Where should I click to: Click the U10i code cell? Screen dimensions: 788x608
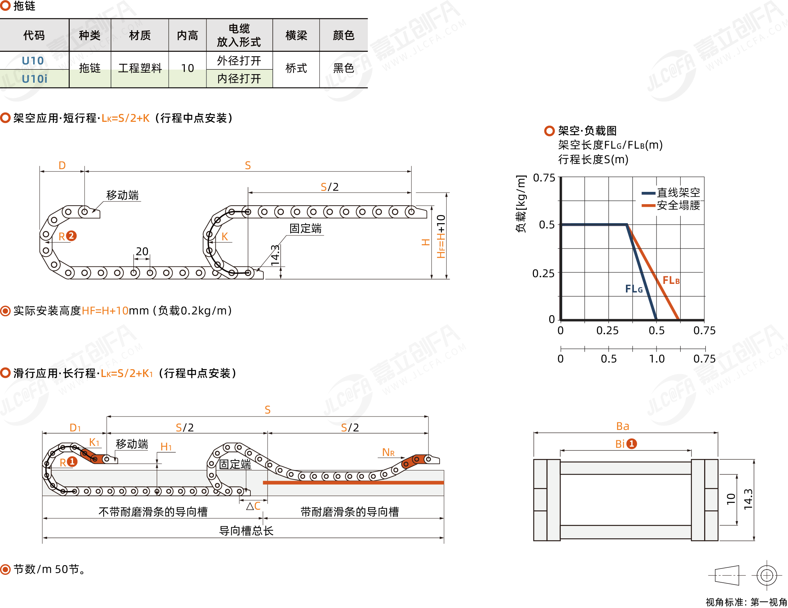coord(34,79)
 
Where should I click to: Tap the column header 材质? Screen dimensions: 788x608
coord(140,35)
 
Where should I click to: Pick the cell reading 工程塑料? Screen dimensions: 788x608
coord(140,68)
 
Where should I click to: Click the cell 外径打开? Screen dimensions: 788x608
coord(239,60)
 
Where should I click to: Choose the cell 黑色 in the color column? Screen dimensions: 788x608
coord(344,68)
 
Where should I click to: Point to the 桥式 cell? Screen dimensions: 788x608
coord(296,68)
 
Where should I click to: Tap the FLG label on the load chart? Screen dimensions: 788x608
coord(634,289)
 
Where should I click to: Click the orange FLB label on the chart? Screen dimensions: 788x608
coord(671,280)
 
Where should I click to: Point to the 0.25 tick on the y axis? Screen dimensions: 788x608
coord(544,273)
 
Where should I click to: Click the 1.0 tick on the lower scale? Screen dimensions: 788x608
coord(657,359)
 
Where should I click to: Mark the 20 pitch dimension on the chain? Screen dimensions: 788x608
coord(142,251)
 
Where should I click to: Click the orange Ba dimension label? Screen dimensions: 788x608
coord(623,426)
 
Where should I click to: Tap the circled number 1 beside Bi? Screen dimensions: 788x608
coord(632,444)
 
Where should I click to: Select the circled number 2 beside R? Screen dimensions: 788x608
coord(71,236)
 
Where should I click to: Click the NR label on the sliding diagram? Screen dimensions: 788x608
coord(388,452)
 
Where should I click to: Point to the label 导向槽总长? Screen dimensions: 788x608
coord(246,531)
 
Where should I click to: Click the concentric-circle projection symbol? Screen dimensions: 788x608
coord(766,576)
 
